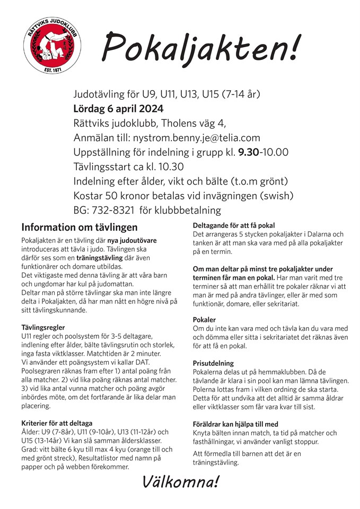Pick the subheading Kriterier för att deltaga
tap(57, 423)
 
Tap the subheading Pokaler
tap(204, 320)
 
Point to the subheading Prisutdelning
tap(213, 363)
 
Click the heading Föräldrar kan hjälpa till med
tap(235, 424)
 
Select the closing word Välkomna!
tap(180, 482)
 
